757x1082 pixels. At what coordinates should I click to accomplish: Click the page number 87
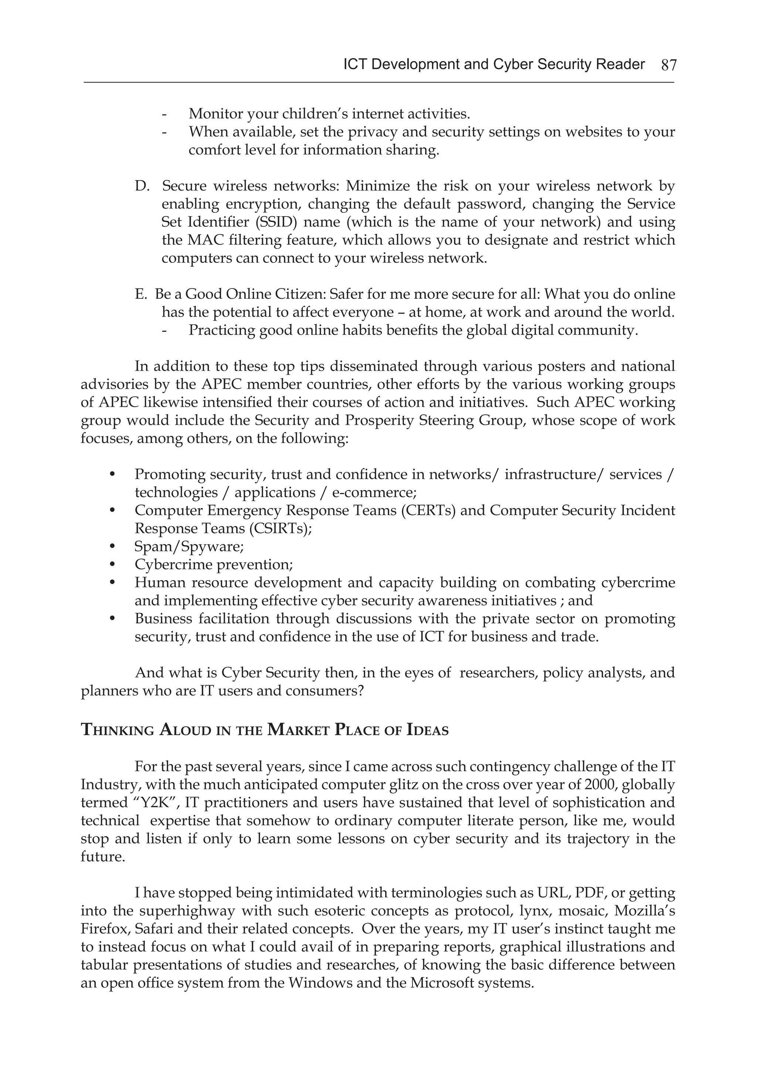tap(668, 65)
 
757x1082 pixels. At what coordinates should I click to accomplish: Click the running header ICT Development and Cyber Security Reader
tap(494, 64)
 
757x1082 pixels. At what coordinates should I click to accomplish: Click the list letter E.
tap(140, 294)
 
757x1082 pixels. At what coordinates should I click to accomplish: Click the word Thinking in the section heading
tap(118, 730)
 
